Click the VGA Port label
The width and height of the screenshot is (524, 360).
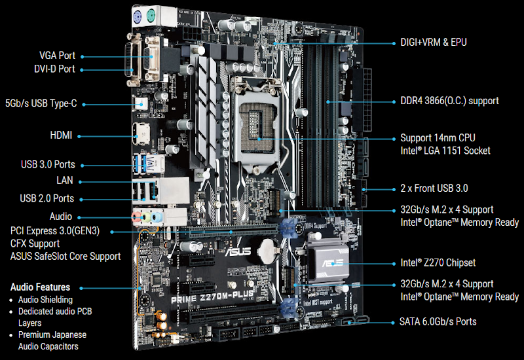(x=57, y=56)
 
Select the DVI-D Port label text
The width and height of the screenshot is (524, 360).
(x=54, y=69)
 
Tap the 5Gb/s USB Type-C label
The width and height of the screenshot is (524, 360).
(x=41, y=103)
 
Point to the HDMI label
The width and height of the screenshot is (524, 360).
(x=61, y=135)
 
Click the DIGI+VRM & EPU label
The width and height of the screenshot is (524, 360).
(x=434, y=43)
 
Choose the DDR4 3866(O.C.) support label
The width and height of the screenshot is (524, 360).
(x=449, y=101)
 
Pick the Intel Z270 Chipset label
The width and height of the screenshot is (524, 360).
(x=438, y=263)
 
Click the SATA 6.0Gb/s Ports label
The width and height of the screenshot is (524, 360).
(x=438, y=321)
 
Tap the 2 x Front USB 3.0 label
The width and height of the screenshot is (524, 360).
(x=434, y=189)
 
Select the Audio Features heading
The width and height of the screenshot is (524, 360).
(x=41, y=287)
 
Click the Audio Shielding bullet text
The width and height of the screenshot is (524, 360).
(x=45, y=300)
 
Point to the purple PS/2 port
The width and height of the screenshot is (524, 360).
(x=138, y=16)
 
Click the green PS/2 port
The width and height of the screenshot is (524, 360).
(x=151, y=15)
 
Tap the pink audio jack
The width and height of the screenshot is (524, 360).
(x=136, y=217)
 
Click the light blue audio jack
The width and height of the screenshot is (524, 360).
(x=157, y=217)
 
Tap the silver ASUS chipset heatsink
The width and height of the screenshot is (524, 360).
(x=328, y=263)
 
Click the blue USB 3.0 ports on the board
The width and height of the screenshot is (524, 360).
(x=147, y=164)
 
